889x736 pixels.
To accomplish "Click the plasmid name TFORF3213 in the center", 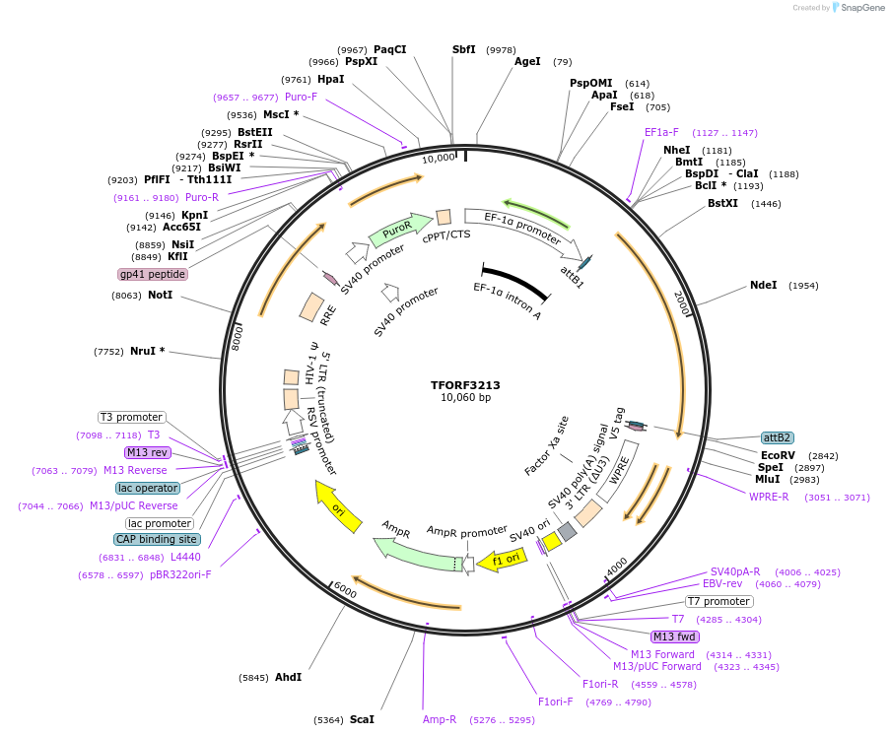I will point(465,384).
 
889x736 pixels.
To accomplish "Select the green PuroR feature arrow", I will point(399,230).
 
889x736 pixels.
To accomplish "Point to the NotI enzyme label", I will point(161,295).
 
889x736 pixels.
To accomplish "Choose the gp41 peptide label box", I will point(153,274).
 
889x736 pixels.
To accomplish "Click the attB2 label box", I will point(777,437).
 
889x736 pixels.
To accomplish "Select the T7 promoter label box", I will point(719,601).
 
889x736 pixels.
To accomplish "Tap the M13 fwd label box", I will point(674,636).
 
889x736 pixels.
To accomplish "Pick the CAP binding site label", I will point(158,539).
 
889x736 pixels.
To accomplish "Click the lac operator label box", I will point(148,488).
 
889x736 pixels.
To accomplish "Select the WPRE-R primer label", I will point(769,497).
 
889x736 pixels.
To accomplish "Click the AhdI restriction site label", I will point(288,677).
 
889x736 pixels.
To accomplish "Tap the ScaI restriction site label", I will point(362,719).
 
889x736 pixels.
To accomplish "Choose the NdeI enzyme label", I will point(763,285).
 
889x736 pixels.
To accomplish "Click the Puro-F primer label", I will point(301,97).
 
